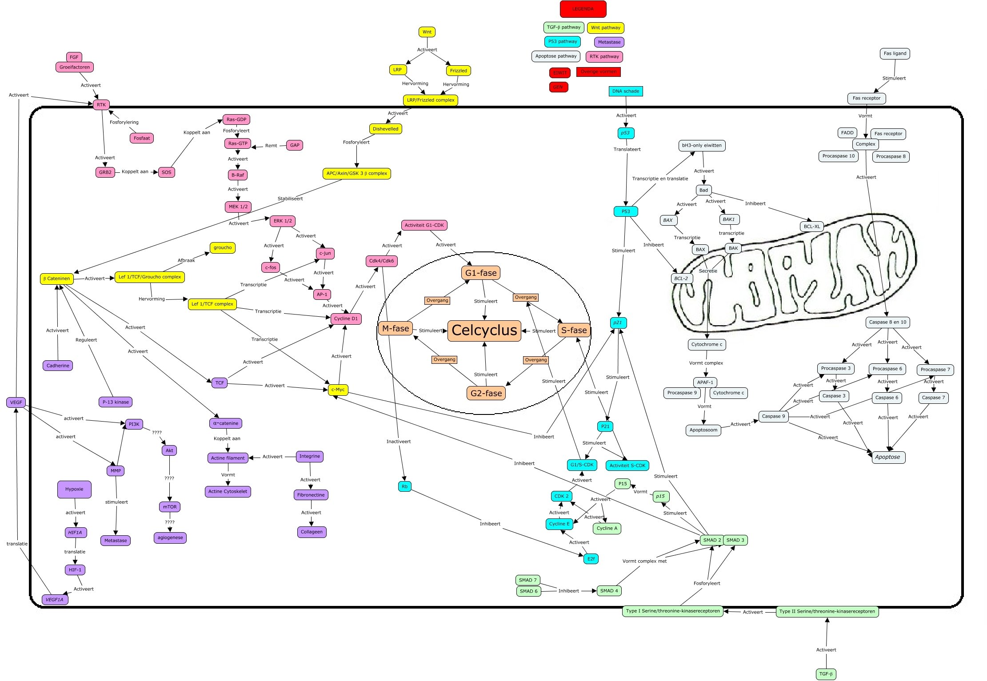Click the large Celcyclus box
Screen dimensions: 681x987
tap(484, 331)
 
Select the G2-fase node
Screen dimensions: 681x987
tap(486, 393)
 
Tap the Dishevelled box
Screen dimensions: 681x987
tap(385, 129)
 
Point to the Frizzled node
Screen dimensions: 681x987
tap(458, 71)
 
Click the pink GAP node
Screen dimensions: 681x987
tap(295, 145)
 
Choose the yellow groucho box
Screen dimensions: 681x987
tap(222, 248)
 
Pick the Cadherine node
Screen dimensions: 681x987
tap(58, 366)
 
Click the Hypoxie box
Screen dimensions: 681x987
tap(74, 489)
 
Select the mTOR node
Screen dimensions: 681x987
tap(170, 507)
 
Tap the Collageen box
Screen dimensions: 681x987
tap(312, 532)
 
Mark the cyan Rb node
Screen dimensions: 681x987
tap(404, 486)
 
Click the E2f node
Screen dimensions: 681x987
tap(591, 559)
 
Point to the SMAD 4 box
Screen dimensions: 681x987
tap(609, 591)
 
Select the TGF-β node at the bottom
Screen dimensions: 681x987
tap(826, 674)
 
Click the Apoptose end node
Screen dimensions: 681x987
tap(887, 457)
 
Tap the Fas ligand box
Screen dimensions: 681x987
tap(895, 53)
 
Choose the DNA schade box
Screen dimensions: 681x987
tap(625, 91)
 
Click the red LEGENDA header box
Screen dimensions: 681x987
tap(583, 9)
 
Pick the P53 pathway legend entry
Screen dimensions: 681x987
tap(563, 41)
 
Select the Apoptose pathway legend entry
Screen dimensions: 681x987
tap(555, 56)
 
